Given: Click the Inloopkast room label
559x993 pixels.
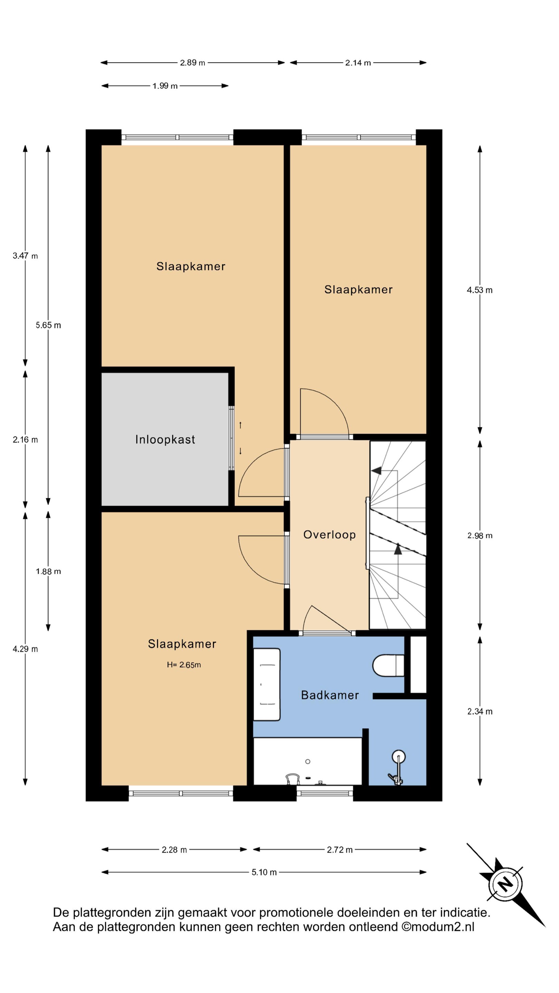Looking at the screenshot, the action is pos(165,440).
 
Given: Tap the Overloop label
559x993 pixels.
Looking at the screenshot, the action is pos(330,535).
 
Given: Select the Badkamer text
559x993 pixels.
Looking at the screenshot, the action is pos(330,695).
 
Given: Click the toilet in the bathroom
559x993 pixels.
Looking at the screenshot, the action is pos(388,665).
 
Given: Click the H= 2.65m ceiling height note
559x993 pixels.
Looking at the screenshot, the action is pos(184,664).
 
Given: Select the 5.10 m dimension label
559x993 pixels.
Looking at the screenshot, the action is pos(264,872).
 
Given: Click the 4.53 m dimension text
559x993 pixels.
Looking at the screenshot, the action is pos(480,290).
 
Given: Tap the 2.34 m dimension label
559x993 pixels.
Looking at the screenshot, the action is pos(480,711).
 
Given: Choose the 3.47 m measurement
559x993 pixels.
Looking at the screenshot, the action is pos(25,255).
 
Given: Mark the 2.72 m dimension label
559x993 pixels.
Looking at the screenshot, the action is pos(340,850).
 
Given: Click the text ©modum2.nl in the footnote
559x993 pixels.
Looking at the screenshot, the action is pos(438,926).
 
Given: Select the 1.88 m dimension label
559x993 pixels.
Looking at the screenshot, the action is pos(48,571).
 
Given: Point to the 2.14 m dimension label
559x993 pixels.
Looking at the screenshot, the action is pos(358,63).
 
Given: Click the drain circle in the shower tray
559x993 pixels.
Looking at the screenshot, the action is pos(308,761).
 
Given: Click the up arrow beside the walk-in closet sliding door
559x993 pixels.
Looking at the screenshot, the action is pos(241,425).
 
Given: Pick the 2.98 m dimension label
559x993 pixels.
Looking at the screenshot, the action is pos(480,535).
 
